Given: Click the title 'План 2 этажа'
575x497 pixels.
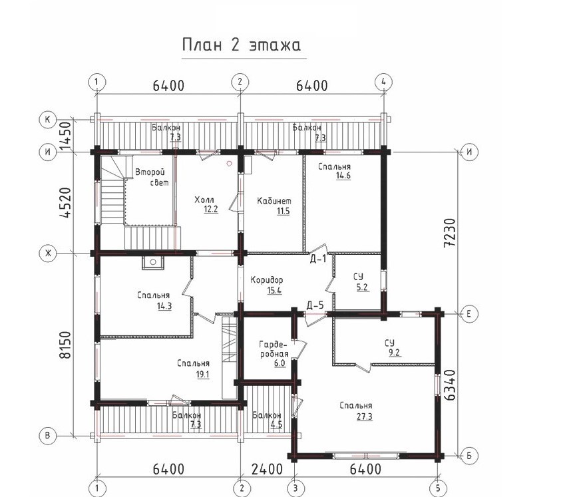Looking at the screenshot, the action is tap(242, 45).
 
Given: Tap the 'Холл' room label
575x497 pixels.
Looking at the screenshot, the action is tap(204, 200).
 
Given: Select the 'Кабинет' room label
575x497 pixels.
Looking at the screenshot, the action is tap(274, 201).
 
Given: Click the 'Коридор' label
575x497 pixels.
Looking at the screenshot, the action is tap(267, 280).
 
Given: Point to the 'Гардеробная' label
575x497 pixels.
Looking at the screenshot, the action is tap(274, 349).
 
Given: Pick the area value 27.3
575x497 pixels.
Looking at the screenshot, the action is tap(365, 416).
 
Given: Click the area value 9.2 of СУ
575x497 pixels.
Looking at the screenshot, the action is tap(395, 353).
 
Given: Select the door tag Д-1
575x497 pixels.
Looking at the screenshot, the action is tap(317, 259).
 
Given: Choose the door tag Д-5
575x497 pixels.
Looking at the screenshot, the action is tap(315, 305).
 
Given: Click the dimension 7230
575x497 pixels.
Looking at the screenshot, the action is tap(449, 233).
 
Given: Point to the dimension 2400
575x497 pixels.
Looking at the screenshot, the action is tap(267, 469).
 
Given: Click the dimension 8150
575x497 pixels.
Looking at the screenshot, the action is tap(66, 345).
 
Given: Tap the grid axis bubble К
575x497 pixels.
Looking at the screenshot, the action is tap(47, 120).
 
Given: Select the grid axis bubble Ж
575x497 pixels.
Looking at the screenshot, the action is tap(47, 253).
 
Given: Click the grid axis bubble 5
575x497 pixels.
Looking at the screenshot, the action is tap(438, 488).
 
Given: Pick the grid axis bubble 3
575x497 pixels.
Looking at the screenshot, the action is tap(295, 488).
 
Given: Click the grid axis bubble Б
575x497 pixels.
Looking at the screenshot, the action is tap(469, 456).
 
